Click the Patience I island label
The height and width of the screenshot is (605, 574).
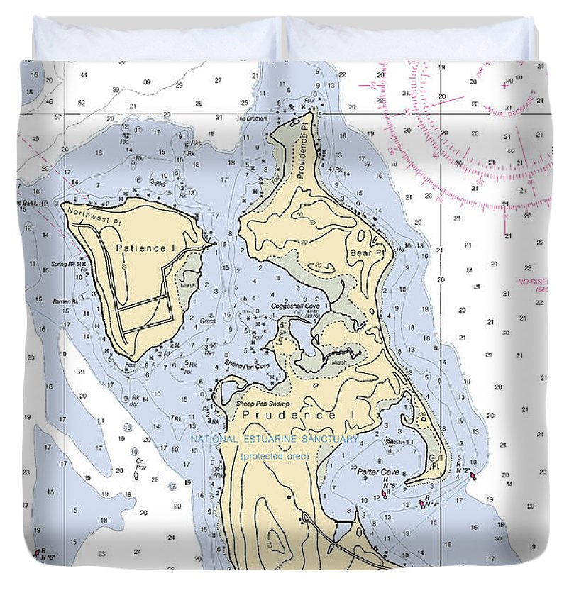[145, 248]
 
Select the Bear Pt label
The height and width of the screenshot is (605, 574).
[366, 252]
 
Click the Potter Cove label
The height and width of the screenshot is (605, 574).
[377, 472]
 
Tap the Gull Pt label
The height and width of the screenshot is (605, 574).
[436, 462]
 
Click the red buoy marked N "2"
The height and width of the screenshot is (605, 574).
[473, 476]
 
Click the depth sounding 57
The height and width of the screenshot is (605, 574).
[59, 116]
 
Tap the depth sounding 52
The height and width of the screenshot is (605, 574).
[82, 103]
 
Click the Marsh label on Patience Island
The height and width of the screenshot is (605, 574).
[187, 286]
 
